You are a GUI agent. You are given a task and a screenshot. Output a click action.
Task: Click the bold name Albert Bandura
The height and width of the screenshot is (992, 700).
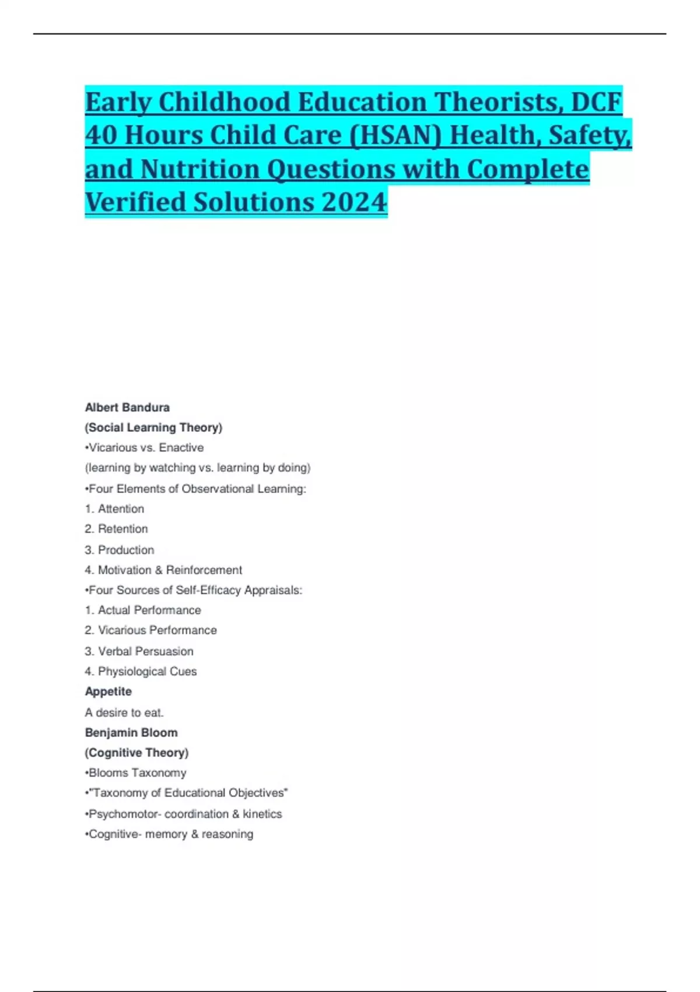127,407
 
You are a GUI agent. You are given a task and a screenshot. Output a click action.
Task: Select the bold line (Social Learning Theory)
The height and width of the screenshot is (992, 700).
153,427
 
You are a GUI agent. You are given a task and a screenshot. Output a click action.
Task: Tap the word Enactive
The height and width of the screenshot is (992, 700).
181,448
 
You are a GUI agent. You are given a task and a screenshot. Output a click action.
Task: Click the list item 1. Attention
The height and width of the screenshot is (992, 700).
114,509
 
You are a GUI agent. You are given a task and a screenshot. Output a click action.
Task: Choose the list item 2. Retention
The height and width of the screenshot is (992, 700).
116,529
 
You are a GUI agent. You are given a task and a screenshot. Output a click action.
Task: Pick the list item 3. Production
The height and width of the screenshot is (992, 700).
120,550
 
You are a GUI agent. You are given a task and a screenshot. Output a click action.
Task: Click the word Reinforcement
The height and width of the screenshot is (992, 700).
204,570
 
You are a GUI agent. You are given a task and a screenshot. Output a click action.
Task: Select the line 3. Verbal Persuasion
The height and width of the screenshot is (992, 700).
139,651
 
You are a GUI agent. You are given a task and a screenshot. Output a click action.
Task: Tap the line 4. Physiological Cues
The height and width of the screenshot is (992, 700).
141,671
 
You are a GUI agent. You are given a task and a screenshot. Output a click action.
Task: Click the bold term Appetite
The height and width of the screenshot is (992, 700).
108,691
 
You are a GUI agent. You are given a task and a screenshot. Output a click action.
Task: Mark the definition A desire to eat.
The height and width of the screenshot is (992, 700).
124,712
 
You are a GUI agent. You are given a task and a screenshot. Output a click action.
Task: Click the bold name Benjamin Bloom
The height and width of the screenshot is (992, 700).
131,732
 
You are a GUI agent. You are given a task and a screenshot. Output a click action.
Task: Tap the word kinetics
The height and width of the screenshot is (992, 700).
262,814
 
